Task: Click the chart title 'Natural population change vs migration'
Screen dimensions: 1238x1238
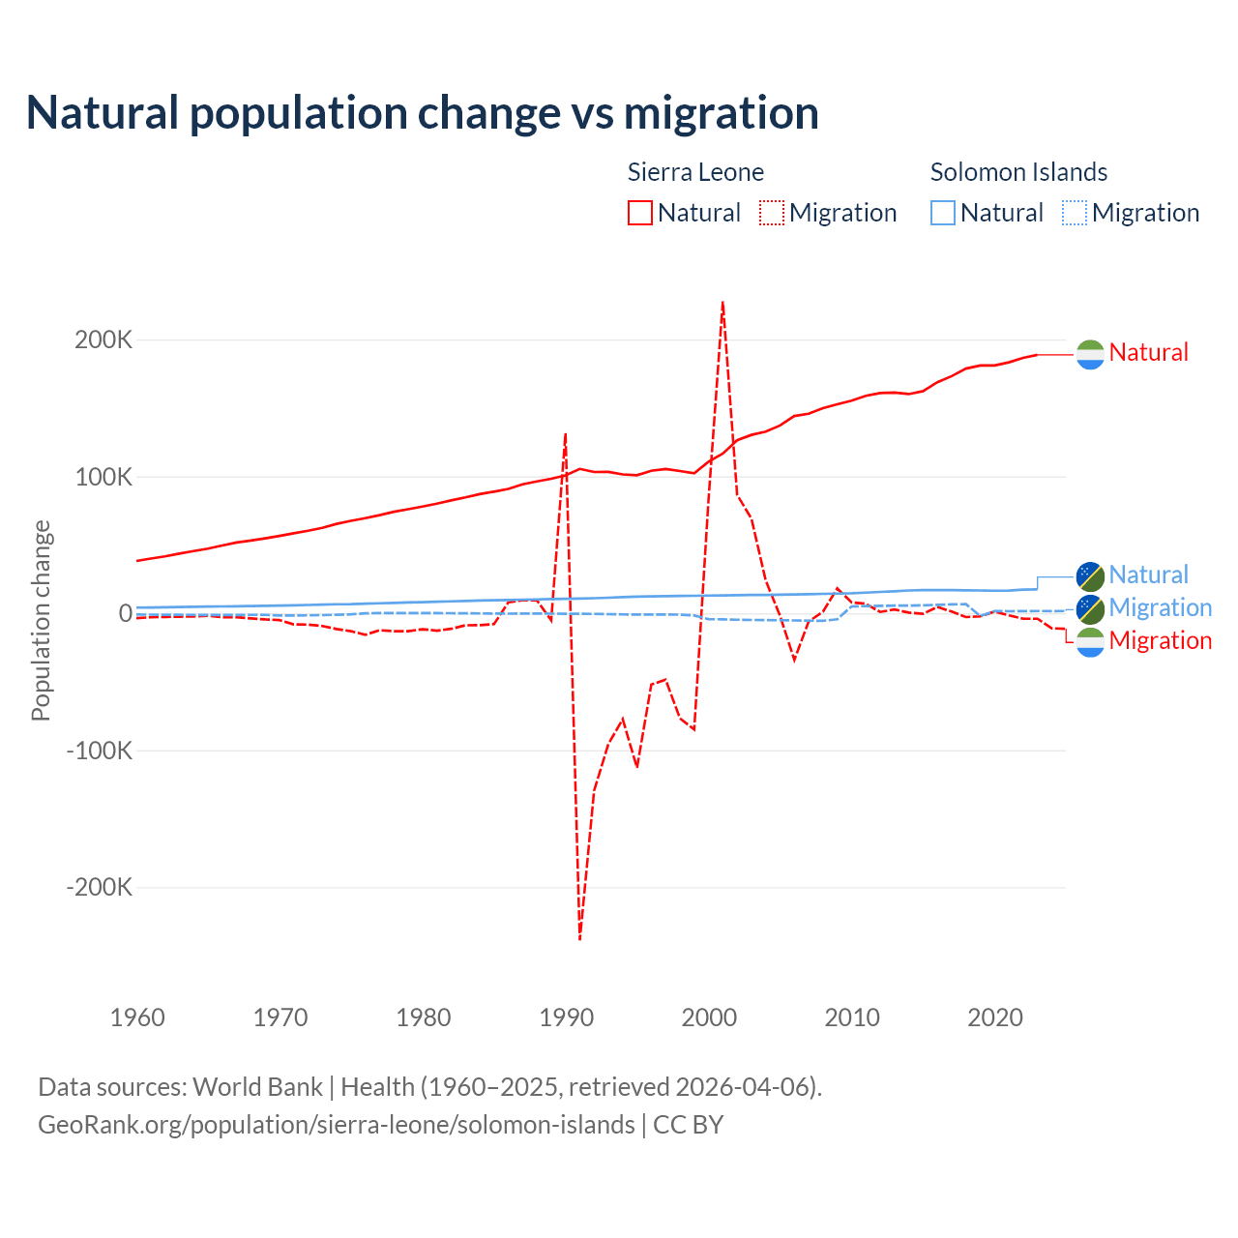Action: click(423, 113)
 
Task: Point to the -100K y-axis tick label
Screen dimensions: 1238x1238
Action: click(99, 751)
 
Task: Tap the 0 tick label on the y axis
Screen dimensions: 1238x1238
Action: click(125, 613)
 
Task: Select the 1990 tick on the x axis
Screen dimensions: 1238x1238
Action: click(566, 1017)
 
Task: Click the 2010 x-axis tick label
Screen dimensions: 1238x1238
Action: click(852, 1017)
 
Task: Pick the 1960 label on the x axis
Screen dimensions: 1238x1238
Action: click(137, 1017)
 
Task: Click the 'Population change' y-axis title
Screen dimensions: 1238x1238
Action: click(41, 621)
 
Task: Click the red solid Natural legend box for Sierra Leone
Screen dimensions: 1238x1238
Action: click(640, 213)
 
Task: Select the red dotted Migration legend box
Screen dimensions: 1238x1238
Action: click(772, 213)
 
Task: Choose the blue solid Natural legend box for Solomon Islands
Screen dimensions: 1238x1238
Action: click(943, 213)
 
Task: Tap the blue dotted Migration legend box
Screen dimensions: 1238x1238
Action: click(1075, 213)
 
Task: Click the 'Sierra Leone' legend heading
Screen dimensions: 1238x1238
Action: click(695, 172)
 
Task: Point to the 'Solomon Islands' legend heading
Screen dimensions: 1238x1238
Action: click(1018, 172)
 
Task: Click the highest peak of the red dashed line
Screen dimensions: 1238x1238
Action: click(722, 303)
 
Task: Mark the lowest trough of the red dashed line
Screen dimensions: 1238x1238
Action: click(579, 938)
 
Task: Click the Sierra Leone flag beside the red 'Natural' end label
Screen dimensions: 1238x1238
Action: click(1090, 354)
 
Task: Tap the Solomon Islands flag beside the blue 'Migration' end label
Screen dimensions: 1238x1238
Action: click(1090, 608)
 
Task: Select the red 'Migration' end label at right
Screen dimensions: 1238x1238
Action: click(1160, 640)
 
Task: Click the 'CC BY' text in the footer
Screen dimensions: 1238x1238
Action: click(688, 1125)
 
